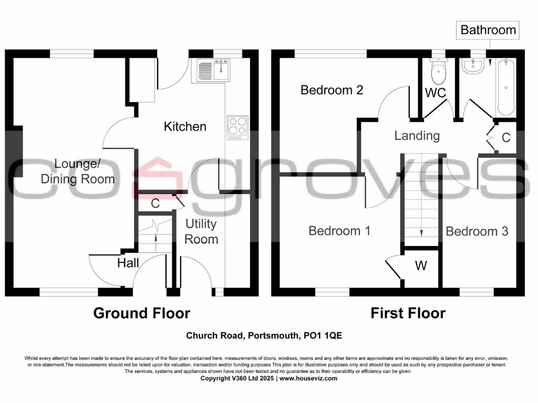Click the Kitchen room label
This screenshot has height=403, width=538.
tap(185, 126)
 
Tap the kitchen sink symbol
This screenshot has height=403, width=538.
tap(214, 70)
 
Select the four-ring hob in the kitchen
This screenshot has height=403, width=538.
tap(237, 128)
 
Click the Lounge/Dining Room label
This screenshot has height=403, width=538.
tap(78, 171)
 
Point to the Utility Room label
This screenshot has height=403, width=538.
tap(201, 231)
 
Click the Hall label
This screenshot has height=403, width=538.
tap(128, 263)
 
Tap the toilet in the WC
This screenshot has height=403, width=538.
tap(438, 71)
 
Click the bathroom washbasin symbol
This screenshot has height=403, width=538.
tap(474, 65)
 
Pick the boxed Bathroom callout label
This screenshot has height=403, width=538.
tap(488, 30)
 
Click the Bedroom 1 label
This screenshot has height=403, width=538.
tap(339, 230)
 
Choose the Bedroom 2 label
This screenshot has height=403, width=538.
tap(332, 90)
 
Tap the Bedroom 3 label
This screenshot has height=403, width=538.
tap(477, 231)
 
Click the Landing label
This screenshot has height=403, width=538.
tap(417, 135)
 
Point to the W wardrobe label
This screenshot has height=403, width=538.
tap(421, 266)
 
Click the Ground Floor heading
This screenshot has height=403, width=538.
tap(141, 313)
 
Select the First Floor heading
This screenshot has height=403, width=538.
tap(408, 313)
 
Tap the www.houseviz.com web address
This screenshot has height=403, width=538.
tap(312, 378)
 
